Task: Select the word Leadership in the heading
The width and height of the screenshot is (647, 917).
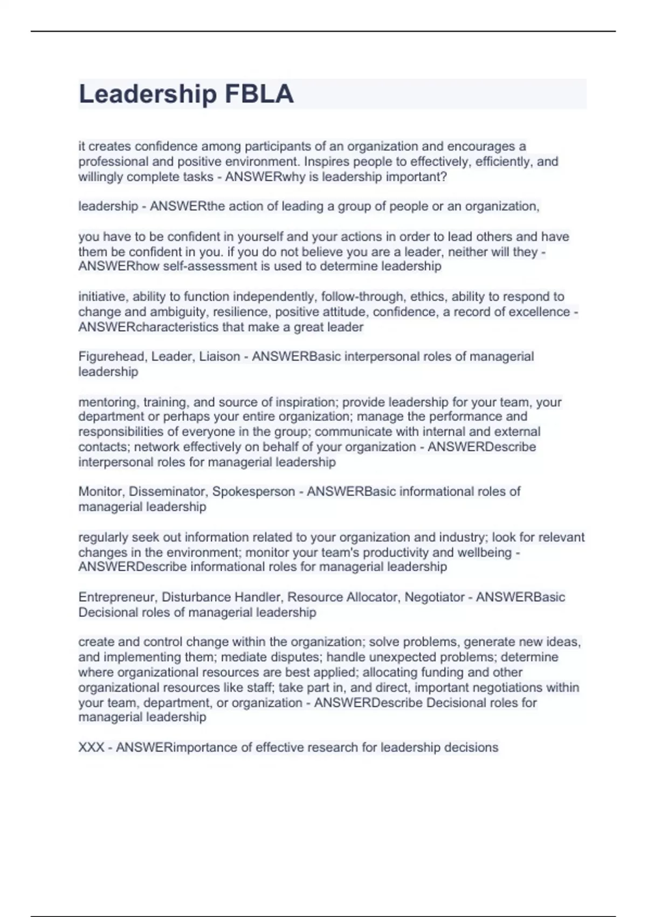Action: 148,94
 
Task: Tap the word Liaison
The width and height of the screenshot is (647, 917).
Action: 219,357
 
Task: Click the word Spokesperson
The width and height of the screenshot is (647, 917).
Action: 253,491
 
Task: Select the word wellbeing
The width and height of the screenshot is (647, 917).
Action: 484,552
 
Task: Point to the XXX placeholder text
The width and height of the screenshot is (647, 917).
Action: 91,748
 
